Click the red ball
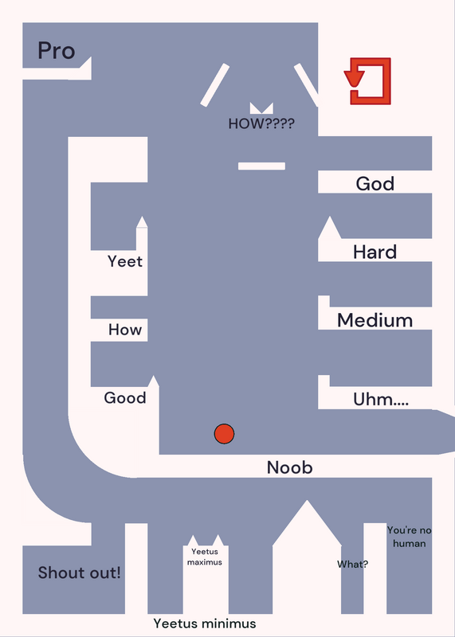tap(224, 434)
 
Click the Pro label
tap(57, 51)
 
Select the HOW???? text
tap(261, 123)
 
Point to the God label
tap(375, 184)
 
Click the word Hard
tap(375, 252)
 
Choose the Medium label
tap(375, 320)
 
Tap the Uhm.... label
tap(381, 400)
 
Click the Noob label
tap(289, 467)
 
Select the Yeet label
tap(125, 261)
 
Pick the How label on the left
tap(125, 330)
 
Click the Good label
tap(125, 397)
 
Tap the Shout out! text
tap(80, 573)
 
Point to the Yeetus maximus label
tap(205, 557)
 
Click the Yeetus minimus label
tap(205, 623)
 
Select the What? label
tap(352, 564)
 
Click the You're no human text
tap(409, 537)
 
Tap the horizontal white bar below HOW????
tap(261, 166)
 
